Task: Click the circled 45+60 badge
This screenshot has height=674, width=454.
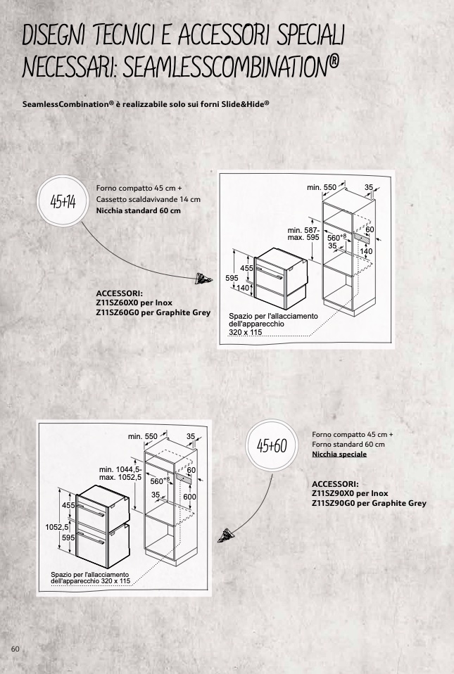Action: coord(273,445)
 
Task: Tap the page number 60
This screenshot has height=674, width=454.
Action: coord(15,647)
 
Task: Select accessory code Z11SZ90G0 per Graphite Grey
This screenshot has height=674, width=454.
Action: coord(369,503)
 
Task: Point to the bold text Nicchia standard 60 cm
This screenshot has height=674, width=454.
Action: coord(138,210)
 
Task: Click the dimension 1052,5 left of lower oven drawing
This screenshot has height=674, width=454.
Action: coord(58,526)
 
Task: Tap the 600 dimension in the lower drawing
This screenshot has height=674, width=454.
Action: coord(189,497)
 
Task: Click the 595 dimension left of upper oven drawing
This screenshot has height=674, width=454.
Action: coord(232,278)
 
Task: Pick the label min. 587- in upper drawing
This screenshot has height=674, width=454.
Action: coord(303,229)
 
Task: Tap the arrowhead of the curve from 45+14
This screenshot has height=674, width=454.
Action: coord(204,279)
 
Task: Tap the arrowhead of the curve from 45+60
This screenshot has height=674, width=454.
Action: coord(227,535)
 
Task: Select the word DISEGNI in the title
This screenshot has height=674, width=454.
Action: coord(63,33)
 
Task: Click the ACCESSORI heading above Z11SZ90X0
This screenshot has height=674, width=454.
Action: coord(334,485)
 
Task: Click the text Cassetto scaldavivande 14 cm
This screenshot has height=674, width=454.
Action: coord(148,199)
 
